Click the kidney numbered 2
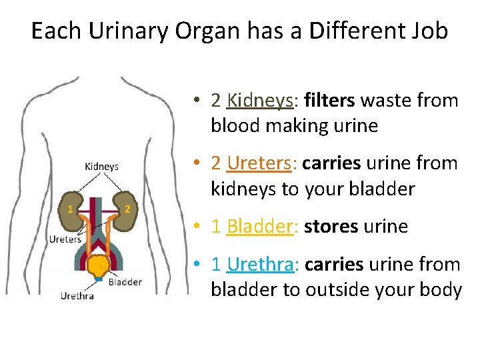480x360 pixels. (x=125, y=208)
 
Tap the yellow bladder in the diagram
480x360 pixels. (x=99, y=265)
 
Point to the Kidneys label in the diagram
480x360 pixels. (x=101, y=167)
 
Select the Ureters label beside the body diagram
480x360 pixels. (x=65, y=239)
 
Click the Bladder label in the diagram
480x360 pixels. (x=125, y=282)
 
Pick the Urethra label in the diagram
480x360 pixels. (x=77, y=295)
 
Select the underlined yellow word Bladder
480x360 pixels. (x=260, y=227)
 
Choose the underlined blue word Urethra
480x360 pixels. (x=259, y=265)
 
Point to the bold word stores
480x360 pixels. (x=331, y=227)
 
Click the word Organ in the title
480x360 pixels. (x=202, y=31)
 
